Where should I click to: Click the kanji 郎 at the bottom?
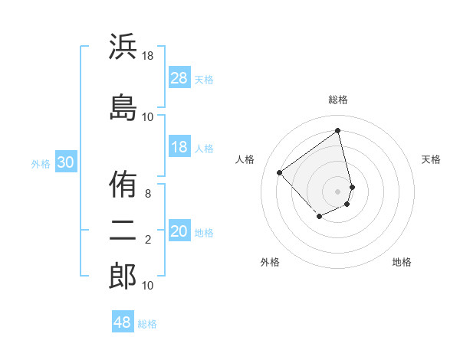[x=123, y=276]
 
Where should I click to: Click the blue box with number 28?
[x=179, y=78]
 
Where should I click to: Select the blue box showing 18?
[x=179, y=147]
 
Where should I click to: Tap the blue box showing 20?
[x=179, y=231]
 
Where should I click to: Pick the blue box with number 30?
[x=66, y=162]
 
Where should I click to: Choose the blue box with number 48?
[x=123, y=322]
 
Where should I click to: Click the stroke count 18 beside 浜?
[x=148, y=55]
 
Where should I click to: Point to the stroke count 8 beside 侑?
[x=148, y=194]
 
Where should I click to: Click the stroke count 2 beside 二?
[x=148, y=240]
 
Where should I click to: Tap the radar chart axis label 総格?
[x=338, y=100]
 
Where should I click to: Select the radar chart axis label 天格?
[x=431, y=159]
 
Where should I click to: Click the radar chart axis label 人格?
[x=245, y=159]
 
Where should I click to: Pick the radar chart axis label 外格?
[x=270, y=262]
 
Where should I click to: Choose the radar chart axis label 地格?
[x=402, y=262]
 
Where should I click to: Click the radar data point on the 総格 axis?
[x=338, y=130]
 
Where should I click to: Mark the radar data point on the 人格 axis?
[x=280, y=172]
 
